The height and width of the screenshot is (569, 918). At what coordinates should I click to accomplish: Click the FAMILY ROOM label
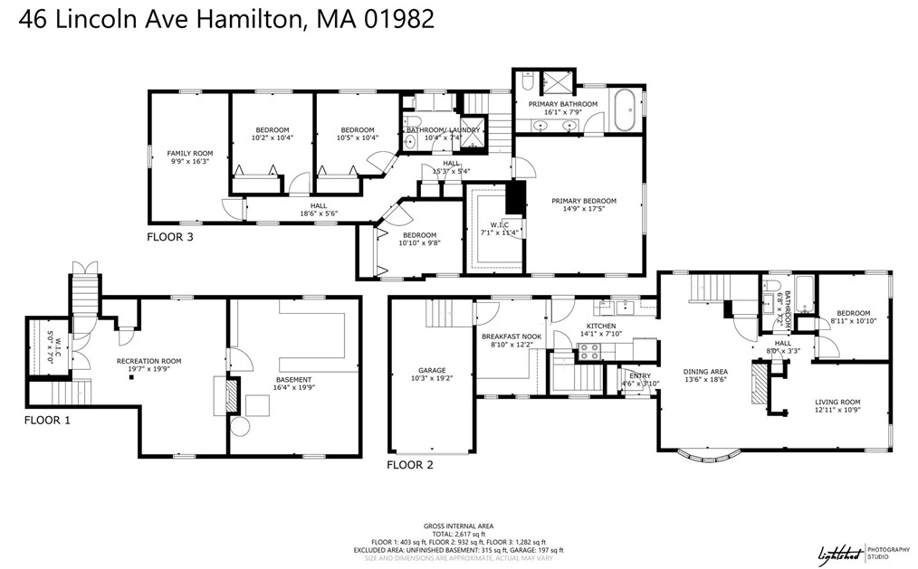[x=190, y=154]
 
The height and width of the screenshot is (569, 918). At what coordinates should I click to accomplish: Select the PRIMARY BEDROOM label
[x=586, y=201]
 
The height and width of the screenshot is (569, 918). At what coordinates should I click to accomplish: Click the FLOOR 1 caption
[x=47, y=420]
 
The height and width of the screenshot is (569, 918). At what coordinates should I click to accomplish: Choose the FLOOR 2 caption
[x=410, y=466]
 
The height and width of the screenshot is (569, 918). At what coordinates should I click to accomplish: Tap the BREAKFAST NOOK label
[x=512, y=337]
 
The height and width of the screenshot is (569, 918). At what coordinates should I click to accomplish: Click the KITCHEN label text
[x=601, y=326]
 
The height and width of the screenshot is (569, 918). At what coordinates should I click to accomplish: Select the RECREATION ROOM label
[x=149, y=361]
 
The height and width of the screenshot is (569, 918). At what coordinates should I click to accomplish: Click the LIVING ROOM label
[x=837, y=402]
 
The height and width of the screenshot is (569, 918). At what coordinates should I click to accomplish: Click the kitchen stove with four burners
[x=589, y=352]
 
